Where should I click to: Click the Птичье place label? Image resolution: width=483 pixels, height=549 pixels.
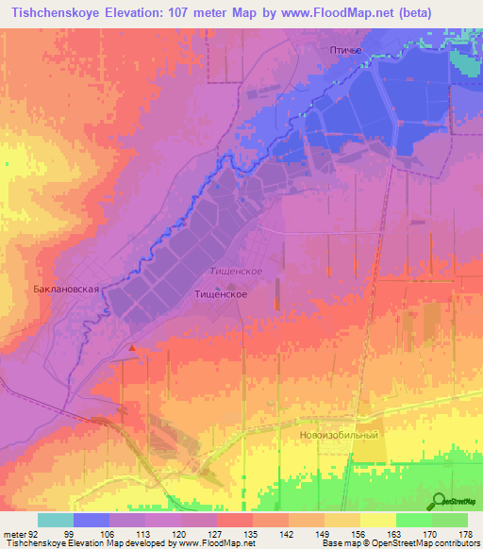[345, 50]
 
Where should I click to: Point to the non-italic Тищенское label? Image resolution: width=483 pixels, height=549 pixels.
[221, 294]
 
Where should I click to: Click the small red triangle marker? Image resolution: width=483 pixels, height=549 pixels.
[132, 348]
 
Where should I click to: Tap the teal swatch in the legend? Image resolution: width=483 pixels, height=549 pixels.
[56, 520]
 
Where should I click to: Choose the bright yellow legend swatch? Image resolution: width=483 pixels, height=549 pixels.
[378, 520]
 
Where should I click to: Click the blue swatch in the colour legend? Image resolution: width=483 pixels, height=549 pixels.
[92, 520]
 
